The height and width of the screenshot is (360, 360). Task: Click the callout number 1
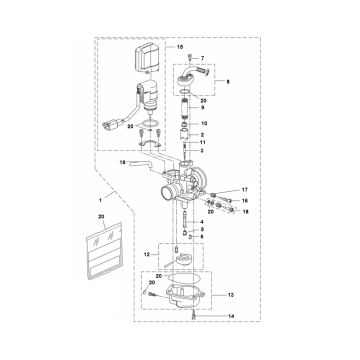(101, 200)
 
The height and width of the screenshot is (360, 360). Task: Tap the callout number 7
(202, 58)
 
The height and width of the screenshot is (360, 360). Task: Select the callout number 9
(202, 108)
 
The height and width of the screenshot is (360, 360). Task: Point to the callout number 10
(204, 123)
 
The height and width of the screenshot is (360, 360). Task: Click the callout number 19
(122, 162)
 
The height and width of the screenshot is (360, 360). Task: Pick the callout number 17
(245, 190)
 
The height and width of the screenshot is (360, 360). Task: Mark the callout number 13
(231, 295)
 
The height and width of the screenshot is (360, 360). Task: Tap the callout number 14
(231, 315)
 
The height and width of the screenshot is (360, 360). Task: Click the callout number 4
(202, 222)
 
